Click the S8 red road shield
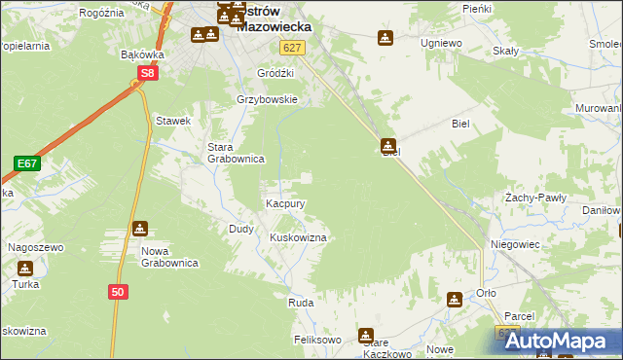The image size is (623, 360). coord(147,73)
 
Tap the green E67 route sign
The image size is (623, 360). coord(26,163)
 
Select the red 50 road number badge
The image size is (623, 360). coord(118,291)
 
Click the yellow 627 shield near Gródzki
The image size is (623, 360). coord(290,47)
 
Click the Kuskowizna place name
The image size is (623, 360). coord(297,237)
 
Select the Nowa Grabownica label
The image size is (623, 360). coord(169,257)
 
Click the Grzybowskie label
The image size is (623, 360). coord(267,99)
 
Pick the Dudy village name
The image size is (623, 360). coord(240,229)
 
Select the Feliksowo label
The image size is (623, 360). coord(317,341)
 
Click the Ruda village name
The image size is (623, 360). coord(300,304)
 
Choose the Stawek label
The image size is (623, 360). coord(172,121)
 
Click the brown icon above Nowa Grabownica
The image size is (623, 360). coord(140,229)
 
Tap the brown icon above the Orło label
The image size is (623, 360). coord(455,300)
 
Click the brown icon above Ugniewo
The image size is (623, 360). coord(385,38)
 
